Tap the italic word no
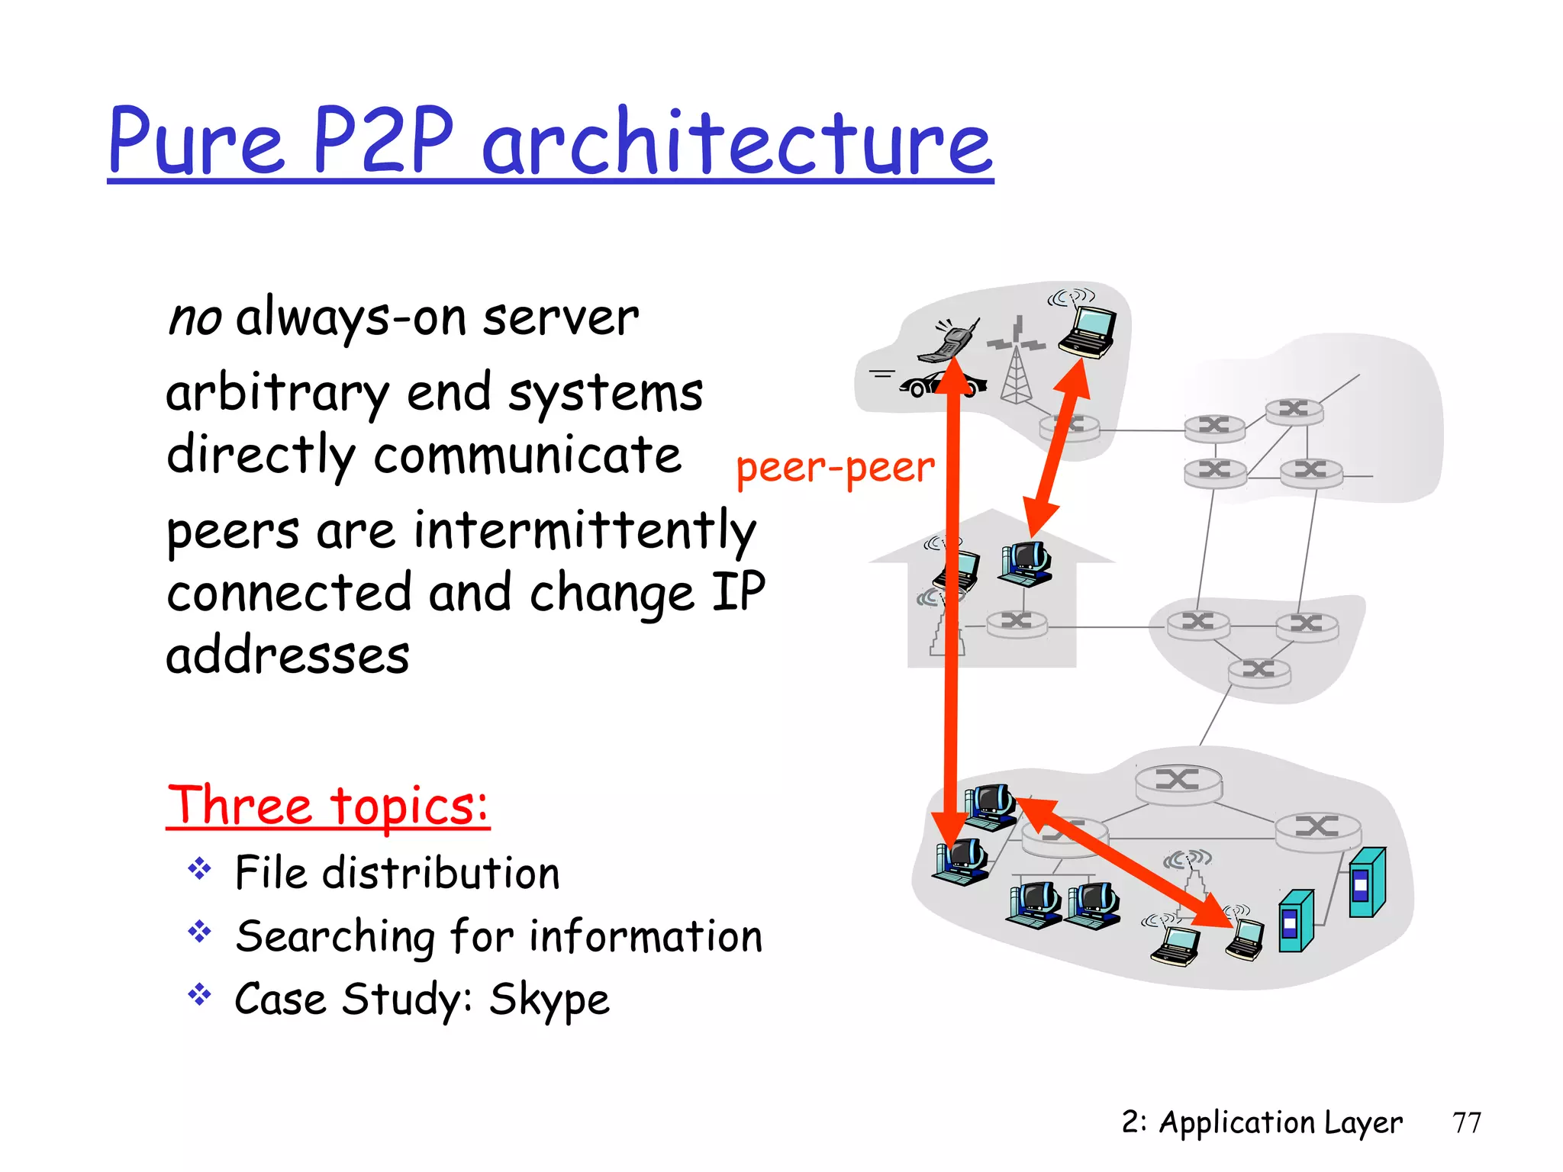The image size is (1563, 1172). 195,318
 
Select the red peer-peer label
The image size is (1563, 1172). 835,468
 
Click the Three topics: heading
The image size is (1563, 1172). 328,806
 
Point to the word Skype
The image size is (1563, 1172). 549,1000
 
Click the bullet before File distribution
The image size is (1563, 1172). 199,869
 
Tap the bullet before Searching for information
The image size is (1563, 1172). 199,932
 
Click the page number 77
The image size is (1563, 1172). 1466,1123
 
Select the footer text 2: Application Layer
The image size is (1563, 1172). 1262,1123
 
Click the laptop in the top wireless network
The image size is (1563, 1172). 1088,331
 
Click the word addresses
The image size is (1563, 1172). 288,655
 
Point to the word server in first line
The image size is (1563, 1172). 561,318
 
